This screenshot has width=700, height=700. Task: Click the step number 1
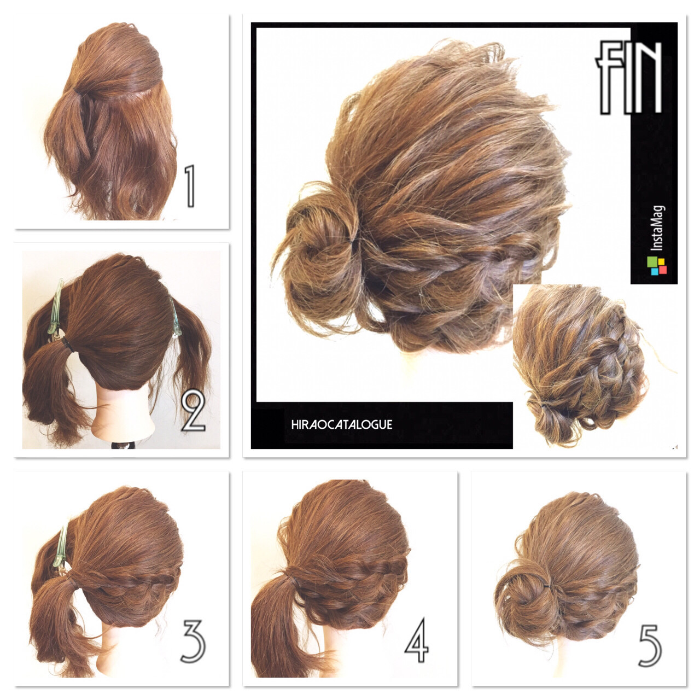coord(190,186)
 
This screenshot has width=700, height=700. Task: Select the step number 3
coord(193,641)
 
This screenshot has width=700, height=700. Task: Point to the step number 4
coord(417,640)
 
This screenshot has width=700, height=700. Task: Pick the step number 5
coord(650,645)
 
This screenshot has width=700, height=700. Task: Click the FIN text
coord(628,78)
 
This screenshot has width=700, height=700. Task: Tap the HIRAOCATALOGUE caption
coord(341,425)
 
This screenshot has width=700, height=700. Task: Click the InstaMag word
coord(657,228)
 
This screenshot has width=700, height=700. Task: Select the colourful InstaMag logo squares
coord(656,266)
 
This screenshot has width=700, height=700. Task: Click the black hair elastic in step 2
coord(67,344)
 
